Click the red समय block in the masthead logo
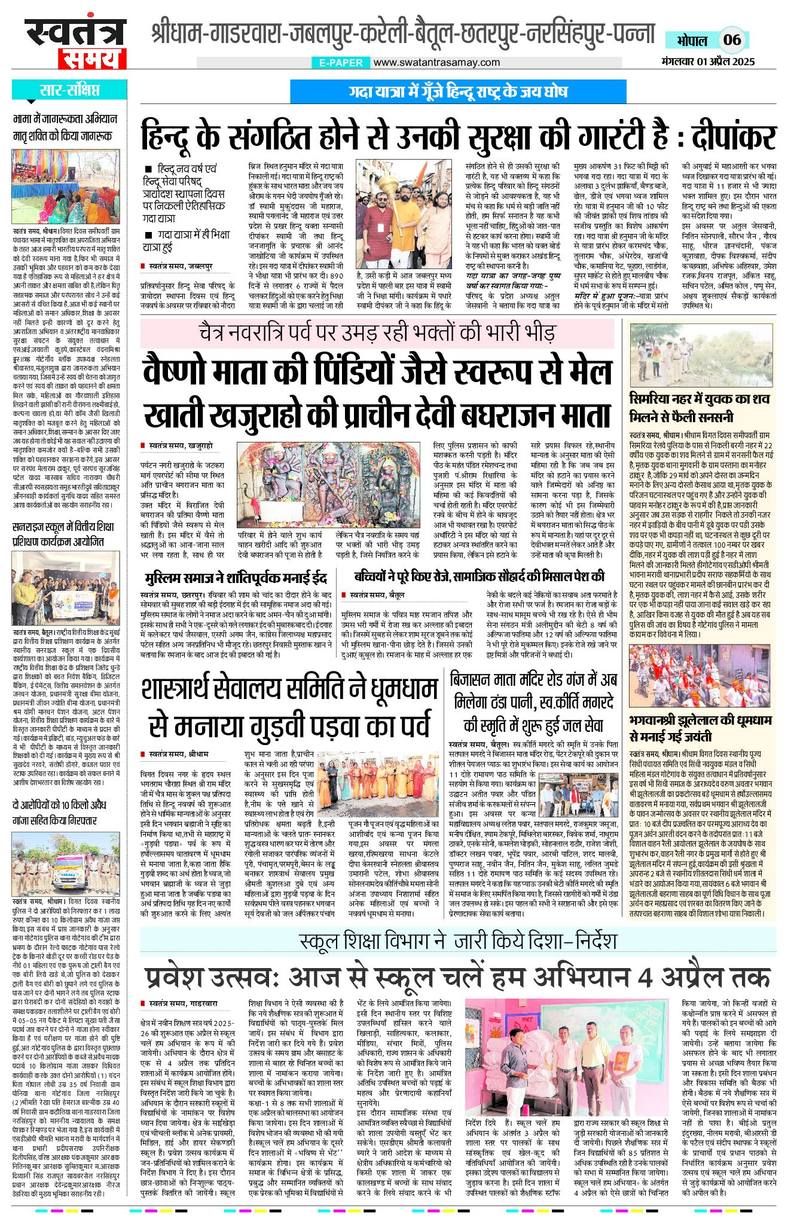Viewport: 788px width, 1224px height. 92,59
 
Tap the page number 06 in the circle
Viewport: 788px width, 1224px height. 732,40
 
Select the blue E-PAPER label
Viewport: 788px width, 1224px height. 341,62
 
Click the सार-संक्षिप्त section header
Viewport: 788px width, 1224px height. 69,90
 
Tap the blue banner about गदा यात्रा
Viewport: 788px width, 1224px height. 458,92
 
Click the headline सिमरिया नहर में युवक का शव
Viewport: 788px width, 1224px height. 700,399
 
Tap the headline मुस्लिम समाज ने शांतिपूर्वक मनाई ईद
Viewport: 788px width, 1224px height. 236,578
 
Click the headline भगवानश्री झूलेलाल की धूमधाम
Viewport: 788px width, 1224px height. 700,720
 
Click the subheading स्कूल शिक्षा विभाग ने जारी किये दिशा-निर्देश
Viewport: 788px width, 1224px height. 457,941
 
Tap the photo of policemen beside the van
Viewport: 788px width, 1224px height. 66,862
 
